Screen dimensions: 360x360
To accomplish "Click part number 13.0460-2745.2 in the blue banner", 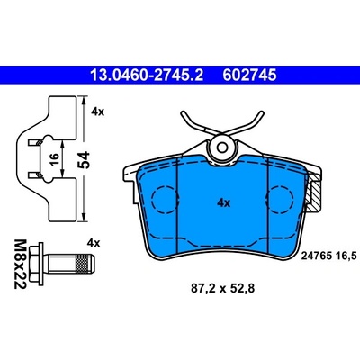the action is (147, 75).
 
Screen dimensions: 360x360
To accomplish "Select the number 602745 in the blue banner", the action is (249, 75).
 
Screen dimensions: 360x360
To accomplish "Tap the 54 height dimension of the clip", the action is (84, 160).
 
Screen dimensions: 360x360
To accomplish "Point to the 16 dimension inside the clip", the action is (53, 159).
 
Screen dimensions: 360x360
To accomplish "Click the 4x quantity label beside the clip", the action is (97, 112).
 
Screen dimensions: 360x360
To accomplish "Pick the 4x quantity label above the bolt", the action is (94, 243).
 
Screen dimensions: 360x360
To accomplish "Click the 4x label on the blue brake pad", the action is (223, 203).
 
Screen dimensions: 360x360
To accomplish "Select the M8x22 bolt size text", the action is (20, 264).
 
